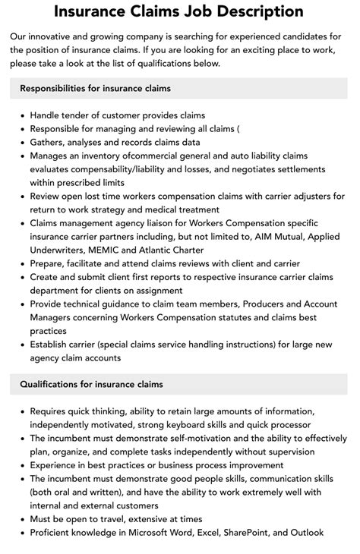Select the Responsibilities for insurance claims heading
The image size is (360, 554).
coord(95,88)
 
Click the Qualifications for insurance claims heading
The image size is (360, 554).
coord(90,384)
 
